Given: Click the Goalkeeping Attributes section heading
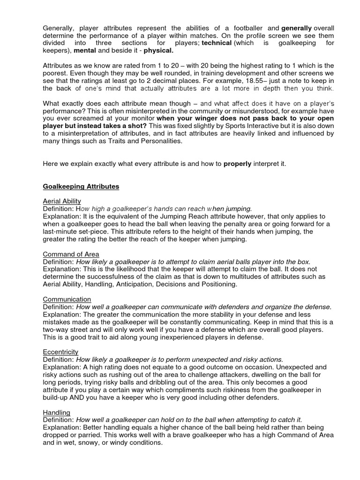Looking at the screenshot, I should coord(81,187).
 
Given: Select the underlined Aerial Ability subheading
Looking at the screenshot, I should coord(62,201).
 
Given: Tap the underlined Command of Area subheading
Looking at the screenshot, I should coord(71,255).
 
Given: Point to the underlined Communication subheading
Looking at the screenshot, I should coord(67,299).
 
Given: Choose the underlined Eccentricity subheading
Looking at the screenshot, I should coord(61,352).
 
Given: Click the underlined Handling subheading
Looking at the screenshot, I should coord(56,412).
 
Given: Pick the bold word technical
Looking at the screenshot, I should coord(217,43).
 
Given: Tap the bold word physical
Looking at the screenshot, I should coord(158,50).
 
